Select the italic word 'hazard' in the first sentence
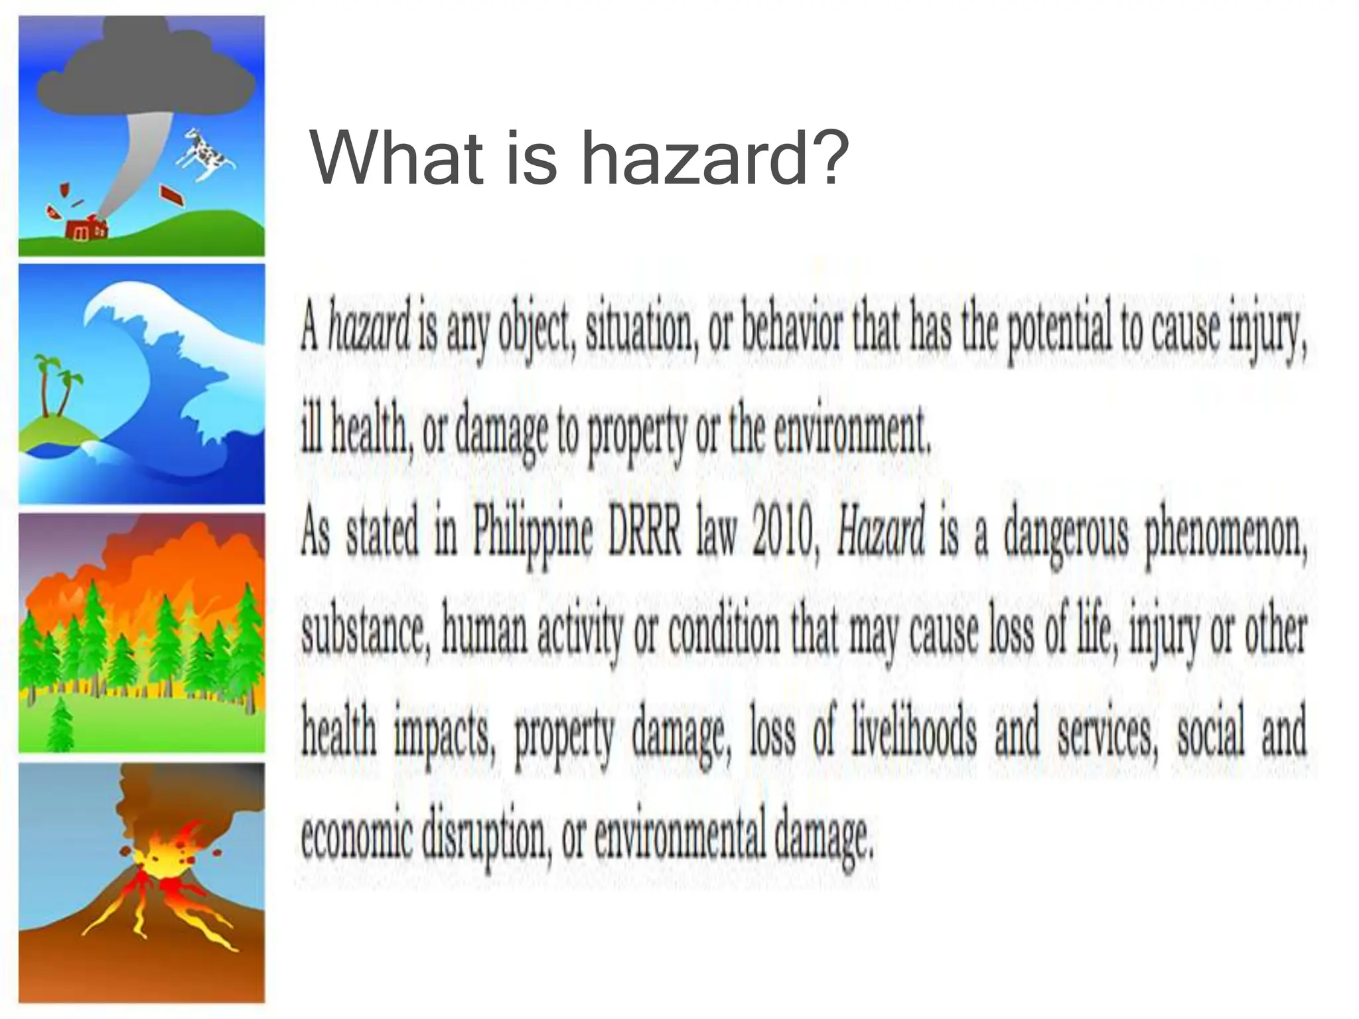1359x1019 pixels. coord(370,330)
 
